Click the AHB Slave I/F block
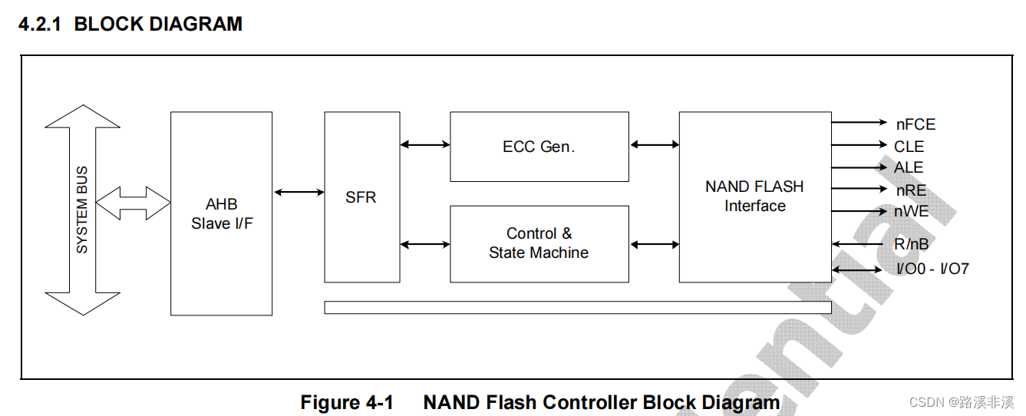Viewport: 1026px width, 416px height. coord(221,213)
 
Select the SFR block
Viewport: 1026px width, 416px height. coord(361,197)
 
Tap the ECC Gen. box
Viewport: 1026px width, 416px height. coord(539,147)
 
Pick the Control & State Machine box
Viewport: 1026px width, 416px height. coord(539,243)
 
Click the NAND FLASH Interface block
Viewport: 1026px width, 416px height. coord(754,196)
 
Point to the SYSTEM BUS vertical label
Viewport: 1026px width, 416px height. coord(82,210)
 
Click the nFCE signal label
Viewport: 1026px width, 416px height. coord(915,124)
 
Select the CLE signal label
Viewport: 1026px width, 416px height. coord(909,147)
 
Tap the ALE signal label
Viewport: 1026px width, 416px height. coord(909,167)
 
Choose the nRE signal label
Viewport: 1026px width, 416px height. coord(911,190)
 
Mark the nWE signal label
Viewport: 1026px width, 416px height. coord(911,211)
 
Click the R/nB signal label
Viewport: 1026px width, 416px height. coord(911,245)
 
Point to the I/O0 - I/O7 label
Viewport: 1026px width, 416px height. coord(932,269)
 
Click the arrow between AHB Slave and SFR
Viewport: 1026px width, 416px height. coord(299,193)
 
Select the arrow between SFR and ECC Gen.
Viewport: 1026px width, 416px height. coord(425,144)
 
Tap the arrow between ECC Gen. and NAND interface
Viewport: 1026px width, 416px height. coord(654,144)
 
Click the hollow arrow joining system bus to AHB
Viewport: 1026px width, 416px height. coord(134,203)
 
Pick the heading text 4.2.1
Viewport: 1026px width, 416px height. coord(40,24)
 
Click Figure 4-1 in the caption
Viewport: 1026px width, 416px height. coord(347,402)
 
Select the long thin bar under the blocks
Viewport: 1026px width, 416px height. coord(577,308)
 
